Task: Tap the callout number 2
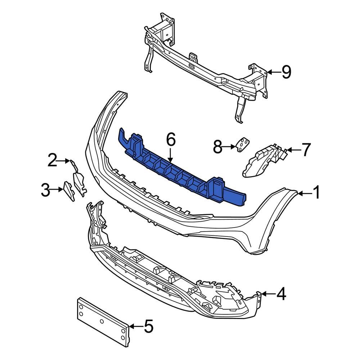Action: (x=53, y=161)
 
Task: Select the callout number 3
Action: (x=45, y=190)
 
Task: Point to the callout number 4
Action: (x=281, y=294)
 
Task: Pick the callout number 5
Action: (x=148, y=327)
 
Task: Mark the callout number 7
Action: (x=305, y=149)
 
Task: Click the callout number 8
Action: (x=217, y=147)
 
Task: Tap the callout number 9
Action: (x=286, y=72)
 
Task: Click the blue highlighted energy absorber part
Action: (x=180, y=169)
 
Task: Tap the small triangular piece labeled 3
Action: (x=68, y=191)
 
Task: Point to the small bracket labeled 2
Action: (x=78, y=180)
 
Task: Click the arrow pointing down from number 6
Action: (x=170, y=155)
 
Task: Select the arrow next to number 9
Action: (x=274, y=72)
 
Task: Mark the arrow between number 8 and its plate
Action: (x=229, y=147)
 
